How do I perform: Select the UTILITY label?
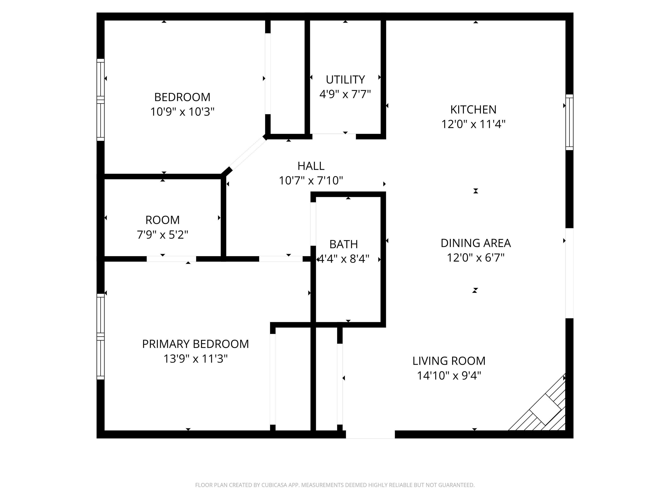pos(345,80)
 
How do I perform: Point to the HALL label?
pos(311,166)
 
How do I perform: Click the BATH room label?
pos(344,244)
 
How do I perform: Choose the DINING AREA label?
pos(475,243)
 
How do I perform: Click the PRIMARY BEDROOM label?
pos(195,344)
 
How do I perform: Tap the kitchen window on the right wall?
pos(569,122)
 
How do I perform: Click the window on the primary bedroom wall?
pos(100,336)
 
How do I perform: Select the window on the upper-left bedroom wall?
pos(100,100)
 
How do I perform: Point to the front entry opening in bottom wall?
pos(370,434)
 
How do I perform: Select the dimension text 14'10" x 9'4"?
pos(449,375)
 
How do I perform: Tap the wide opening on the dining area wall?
pos(569,273)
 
